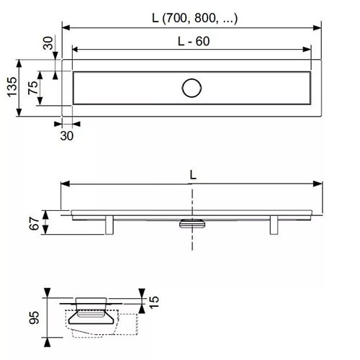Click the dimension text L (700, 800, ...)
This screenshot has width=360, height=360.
(195, 18)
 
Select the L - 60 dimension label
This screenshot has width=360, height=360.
(194, 41)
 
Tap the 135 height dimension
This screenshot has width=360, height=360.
(12, 87)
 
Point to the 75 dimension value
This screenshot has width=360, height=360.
(33, 88)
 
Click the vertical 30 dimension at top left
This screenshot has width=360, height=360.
(48, 43)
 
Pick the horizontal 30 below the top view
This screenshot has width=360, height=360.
(67, 136)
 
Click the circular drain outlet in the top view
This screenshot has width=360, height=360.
(192, 88)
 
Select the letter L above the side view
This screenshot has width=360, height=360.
(193, 175)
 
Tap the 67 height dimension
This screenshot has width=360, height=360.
(35, 223)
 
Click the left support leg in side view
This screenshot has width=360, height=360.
(109, 225)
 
